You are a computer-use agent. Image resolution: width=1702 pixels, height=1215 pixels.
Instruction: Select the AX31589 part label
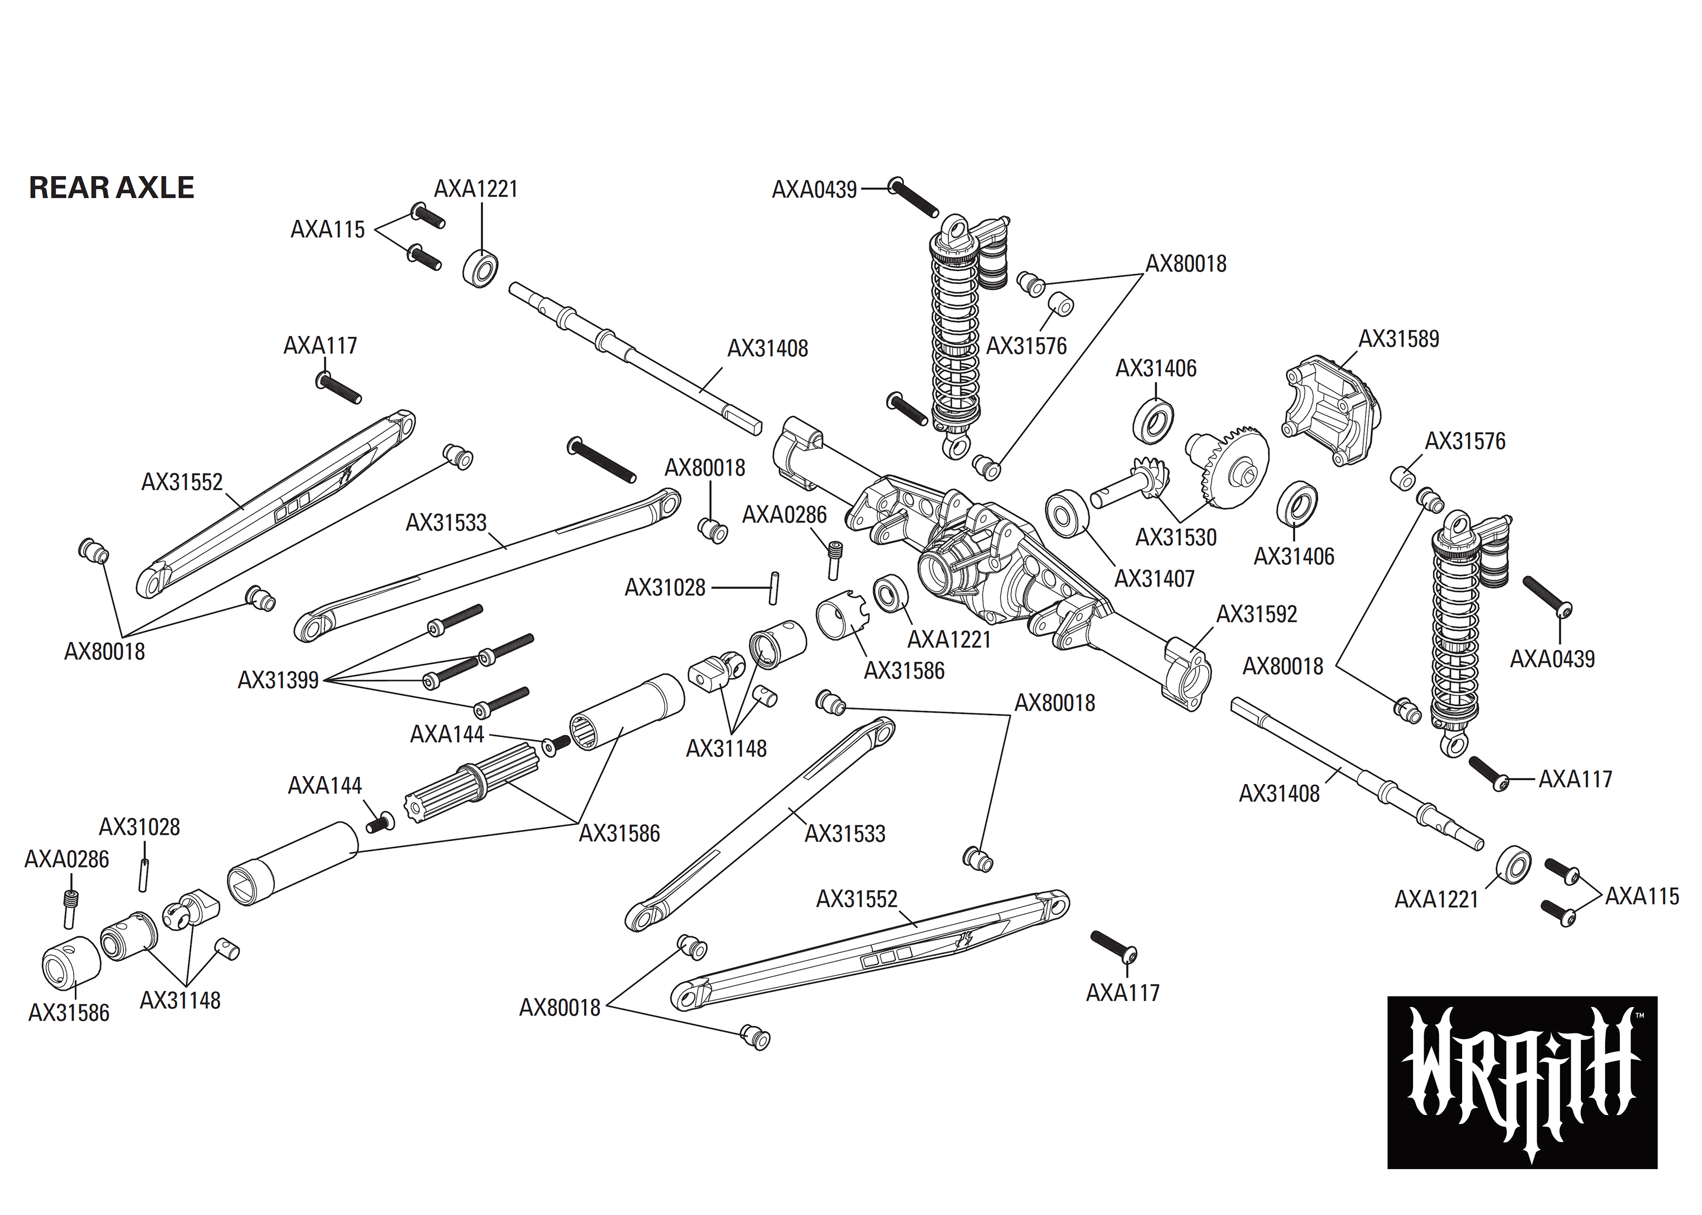pyautogui.click(x=1398, y=339)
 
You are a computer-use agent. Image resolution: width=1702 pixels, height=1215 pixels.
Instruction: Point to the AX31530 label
pyautogui.click(x=1176, y=537)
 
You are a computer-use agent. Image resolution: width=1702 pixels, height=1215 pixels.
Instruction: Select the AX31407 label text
pyautogui.click(x=1154, y=578)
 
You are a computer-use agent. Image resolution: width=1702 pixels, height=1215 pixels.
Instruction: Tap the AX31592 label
pyautogui.click(x=1256, y=614)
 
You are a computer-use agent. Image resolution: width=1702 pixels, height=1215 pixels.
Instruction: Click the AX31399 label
pyautogui.click(x=278, y=680)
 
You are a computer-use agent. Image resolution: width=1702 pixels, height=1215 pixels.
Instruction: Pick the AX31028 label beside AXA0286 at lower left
pyautogui.click(x=139, y=827)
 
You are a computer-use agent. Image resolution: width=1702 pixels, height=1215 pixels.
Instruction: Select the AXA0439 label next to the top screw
pyautogui.click(x=814, y=190)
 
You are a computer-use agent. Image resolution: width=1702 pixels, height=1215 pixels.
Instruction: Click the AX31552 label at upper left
pyautogui.click(x=182, y=482)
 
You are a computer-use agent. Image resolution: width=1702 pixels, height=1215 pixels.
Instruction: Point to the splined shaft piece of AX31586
pyautogui.click(x=472, y=790)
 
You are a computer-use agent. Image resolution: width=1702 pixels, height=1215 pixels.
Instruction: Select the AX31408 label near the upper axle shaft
pyautogui.click(x=767, y=349)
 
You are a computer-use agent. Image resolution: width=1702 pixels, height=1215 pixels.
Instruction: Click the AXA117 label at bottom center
pyautogui.click(x=1122, y=993)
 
